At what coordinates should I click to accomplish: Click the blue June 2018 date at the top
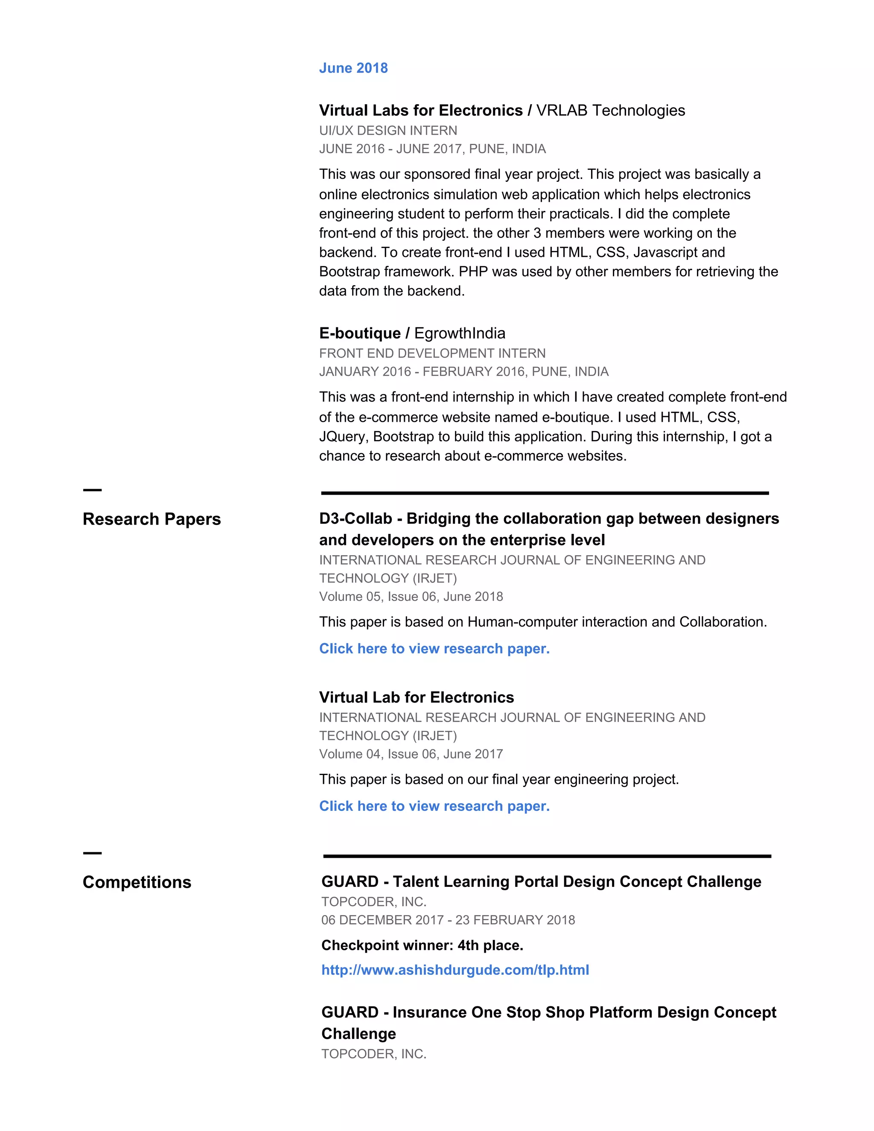353,68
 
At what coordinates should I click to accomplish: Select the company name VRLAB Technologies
610,110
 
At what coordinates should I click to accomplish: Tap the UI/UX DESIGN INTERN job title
388,131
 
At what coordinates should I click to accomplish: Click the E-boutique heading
360,333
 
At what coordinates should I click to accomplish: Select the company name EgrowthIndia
459,333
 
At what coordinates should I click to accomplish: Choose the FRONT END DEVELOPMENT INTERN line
432,353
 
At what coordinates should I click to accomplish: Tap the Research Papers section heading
151,519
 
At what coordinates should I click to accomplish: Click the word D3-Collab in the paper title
355,519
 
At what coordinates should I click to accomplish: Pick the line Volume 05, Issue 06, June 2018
411,597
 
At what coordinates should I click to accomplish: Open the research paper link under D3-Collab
434,648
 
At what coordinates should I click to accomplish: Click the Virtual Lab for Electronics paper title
416,697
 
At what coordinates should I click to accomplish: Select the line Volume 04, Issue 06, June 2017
411,754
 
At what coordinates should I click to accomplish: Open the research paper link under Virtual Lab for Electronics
434,806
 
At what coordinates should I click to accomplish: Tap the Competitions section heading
137,882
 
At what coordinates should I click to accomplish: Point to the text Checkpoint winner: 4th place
422,945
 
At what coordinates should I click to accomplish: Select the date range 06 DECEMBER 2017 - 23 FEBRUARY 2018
448,920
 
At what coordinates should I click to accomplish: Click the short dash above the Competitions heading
92,853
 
